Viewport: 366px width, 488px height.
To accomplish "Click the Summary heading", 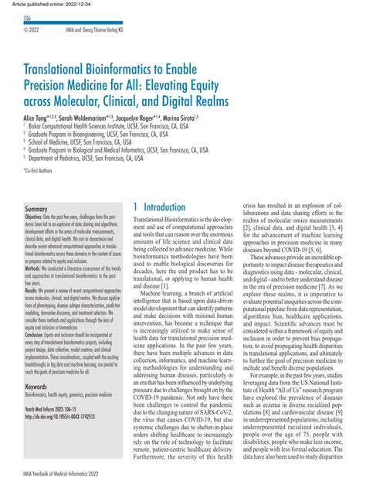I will (37, 210).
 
